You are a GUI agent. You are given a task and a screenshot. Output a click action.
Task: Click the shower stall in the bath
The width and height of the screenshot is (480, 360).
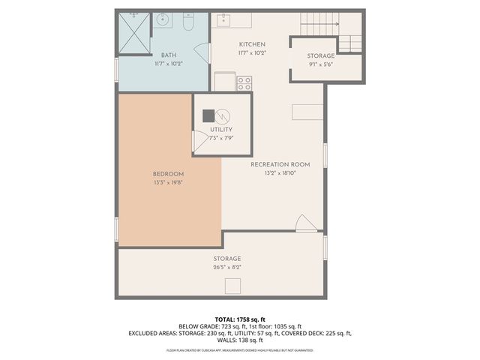point(135,30)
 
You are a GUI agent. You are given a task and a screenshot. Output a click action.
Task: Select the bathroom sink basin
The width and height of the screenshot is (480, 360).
point(163,19)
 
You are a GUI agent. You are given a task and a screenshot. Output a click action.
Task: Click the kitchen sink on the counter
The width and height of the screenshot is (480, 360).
point(223,19)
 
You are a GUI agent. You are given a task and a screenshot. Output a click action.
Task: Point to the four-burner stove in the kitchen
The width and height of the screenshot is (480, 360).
point(244,83)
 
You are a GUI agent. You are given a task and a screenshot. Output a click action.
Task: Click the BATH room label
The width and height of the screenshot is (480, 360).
point(168,55)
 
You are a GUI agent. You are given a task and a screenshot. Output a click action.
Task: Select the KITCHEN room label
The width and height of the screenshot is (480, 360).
point(252,44)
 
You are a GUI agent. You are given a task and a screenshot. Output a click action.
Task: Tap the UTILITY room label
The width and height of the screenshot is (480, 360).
point(220,130)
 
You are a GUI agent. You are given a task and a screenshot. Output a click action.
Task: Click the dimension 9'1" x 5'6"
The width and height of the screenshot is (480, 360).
point(321,64)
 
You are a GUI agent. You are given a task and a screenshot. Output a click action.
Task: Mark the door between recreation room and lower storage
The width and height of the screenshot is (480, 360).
point(303,223)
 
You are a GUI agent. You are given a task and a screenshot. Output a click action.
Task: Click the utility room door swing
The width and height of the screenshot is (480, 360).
point(199,141)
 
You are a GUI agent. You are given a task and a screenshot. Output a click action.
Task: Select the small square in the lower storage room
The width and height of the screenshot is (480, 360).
point(233,286)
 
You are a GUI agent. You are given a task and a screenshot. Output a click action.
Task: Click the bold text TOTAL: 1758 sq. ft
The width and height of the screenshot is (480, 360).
point(240,318)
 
